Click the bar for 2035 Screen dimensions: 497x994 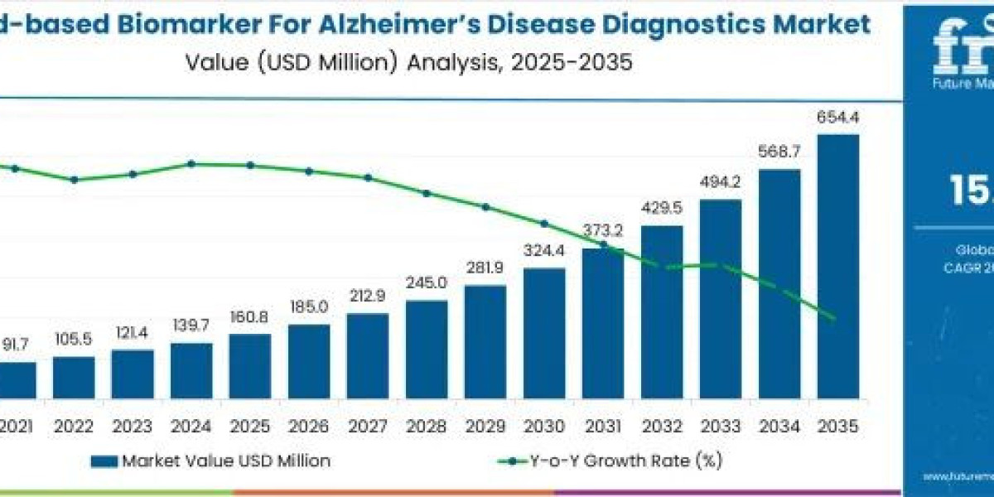[837, 265]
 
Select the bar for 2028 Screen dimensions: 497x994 [427, 349]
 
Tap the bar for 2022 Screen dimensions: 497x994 [74, 377]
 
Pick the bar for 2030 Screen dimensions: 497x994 [544, 332]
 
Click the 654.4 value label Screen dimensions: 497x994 [837, 118]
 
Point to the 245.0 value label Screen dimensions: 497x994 [427, 283]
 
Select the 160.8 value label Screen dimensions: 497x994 [250, 317]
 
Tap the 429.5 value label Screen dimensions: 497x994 [662, 208]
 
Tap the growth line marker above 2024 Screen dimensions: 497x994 [191, 164]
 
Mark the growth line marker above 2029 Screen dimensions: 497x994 [485, 207]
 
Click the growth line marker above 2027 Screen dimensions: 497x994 [368, 177]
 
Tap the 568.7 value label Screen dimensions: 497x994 [779, 153]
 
